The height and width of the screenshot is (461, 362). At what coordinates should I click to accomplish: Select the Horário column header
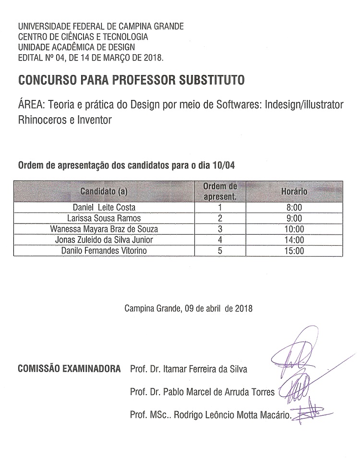pyautogui.click(x=294, y=191)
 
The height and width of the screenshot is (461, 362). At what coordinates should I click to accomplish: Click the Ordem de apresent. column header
pyautogui.click(x=220, y=191)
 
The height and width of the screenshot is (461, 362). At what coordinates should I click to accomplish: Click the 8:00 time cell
pyautogui.click(x=294, y=208)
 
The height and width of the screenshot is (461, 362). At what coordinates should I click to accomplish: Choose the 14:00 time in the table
pyautogui.click(x=294, y=239)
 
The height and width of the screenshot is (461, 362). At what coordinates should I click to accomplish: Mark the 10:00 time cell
pyautogui.click(x=294, y=229)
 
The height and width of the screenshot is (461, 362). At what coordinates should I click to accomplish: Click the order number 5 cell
pyautogui.click(x=220, y=250)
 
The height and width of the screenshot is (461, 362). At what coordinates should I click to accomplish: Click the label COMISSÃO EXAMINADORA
pyautogui.click(x=69, y=369)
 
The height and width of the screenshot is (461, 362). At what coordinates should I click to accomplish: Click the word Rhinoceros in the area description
pyautogui.click(x=41, y=120)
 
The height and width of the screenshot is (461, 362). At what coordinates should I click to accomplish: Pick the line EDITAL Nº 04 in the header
pyautogui.click(x=90, y=57)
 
